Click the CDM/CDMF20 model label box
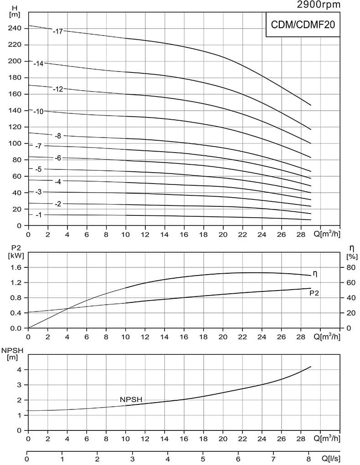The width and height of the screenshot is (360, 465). (303, 25)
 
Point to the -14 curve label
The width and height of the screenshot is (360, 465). (38, 64)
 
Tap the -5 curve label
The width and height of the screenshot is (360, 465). (38, 169)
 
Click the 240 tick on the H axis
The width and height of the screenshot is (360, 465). (15, 28)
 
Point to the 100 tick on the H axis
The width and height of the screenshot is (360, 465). (15, 143)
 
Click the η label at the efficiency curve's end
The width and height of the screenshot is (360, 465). (314, 274)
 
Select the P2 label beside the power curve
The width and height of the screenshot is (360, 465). (314, 293)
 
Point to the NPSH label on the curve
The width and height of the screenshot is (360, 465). (131, 399)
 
